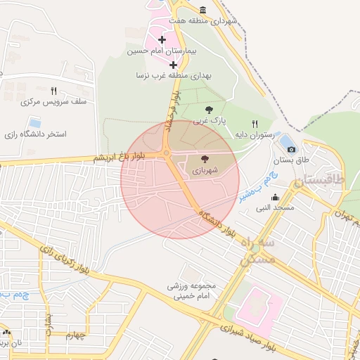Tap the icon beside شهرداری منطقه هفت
coord(203,10)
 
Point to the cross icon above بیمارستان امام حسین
coord(162,39)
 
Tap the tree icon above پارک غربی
coord(209,109)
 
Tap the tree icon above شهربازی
coord(205,160)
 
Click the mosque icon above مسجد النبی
coord(275,197)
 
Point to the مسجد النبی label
coord(275,208)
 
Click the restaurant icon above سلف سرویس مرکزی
coord(53,91)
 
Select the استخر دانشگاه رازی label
coord(35,134)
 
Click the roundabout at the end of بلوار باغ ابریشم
coord(167,153)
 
